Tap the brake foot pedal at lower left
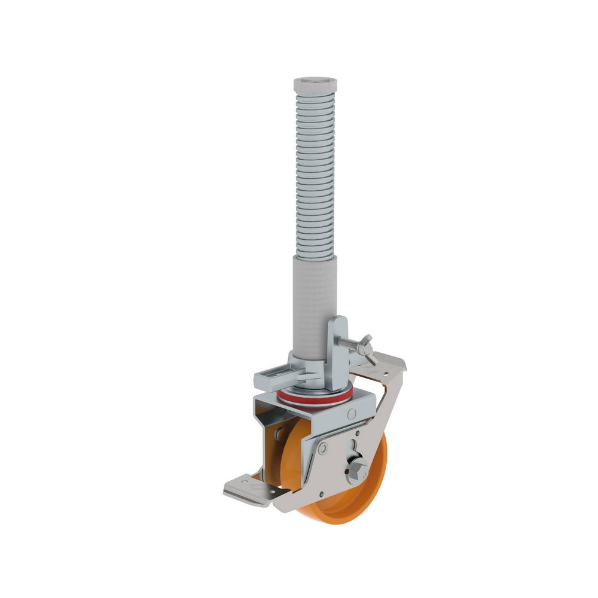[245, 489]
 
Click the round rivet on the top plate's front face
[352, 414]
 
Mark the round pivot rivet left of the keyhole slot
[324, 448]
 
